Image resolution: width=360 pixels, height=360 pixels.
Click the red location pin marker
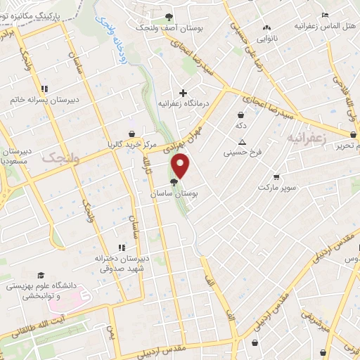(181, 166)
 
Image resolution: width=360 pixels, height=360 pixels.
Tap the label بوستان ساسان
(173, 191)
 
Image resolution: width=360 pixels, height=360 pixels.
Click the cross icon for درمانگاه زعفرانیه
(183, 92)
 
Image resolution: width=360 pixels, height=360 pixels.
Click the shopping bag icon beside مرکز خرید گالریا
(131, 134)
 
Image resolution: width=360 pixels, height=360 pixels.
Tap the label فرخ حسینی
(242, 151)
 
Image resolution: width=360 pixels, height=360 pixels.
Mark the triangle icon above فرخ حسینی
(242, 141)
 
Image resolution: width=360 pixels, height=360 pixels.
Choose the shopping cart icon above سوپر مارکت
(277, 177)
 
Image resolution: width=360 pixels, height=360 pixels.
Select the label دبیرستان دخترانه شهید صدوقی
(121, 262)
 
